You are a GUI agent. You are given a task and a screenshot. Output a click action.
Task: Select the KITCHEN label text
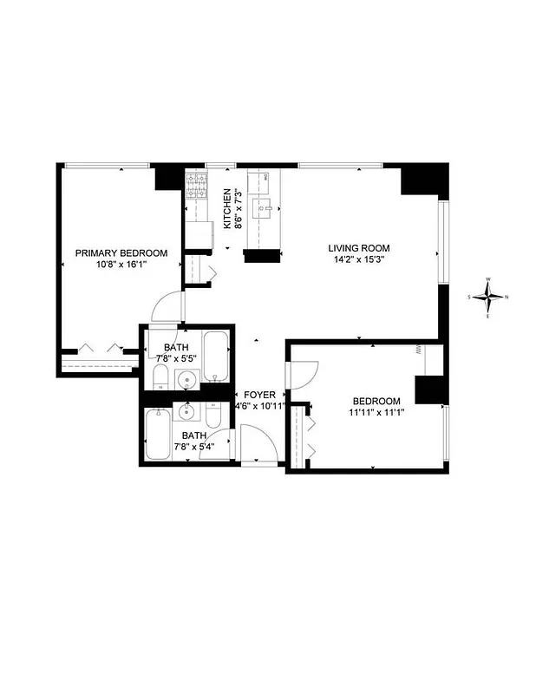(228, 209)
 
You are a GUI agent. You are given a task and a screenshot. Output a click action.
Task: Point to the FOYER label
(259, 395)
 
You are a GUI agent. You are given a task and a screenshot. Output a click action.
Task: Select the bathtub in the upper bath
(217, 356)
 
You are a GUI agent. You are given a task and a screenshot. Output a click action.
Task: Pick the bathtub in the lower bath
(159, 434)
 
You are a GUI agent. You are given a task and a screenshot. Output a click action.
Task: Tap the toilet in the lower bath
(216, 414)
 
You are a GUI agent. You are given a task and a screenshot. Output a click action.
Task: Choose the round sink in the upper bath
(186, 378)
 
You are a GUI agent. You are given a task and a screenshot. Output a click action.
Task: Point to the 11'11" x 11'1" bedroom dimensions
(377, 412)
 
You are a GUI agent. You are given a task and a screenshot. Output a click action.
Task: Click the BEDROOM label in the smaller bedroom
(377, 401)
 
